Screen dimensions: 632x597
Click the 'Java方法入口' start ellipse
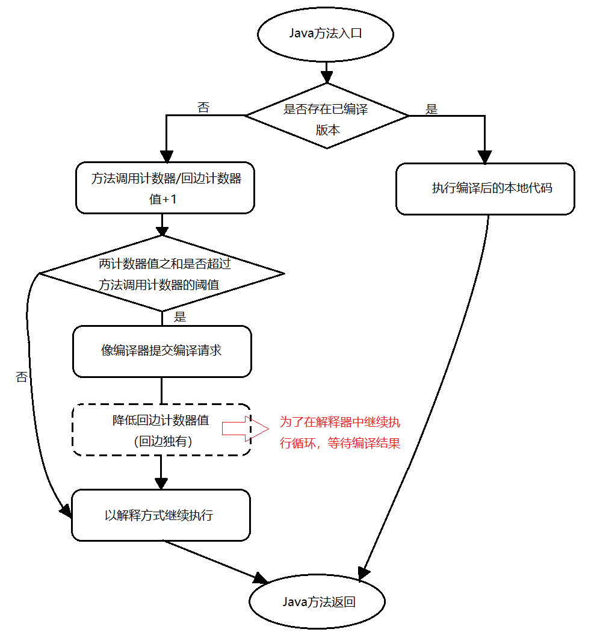point(326,33)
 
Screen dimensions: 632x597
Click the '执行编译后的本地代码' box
point(485,188)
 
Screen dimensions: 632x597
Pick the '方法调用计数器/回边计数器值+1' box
point(165,188)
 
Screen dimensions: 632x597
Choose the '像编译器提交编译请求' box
point(161,351)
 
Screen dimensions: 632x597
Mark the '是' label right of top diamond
point(432,110)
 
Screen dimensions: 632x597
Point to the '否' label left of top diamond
point(203,108)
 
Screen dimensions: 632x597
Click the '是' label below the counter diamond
point(179,317)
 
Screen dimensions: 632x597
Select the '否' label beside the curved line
point(22,377)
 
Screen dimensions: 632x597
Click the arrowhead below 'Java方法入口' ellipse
point(326,76)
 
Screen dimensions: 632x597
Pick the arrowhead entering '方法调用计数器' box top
point(165,156)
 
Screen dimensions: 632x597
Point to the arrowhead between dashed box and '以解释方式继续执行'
point(161,483)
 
